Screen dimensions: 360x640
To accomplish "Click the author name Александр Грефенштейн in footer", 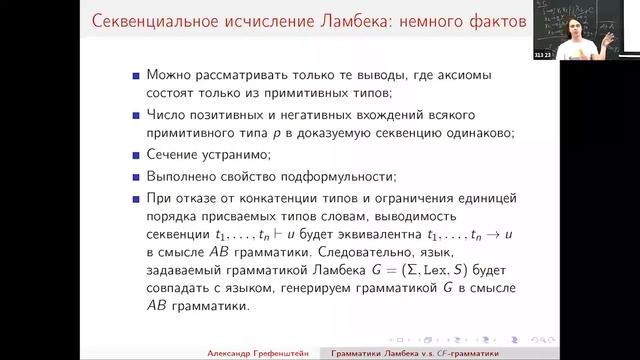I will click(251, 352).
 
